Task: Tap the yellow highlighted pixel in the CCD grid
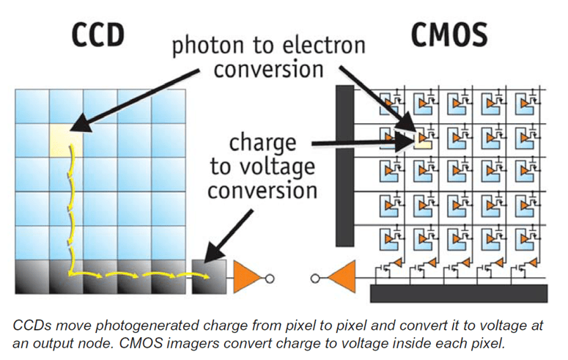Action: pyautogui.click(x=65, y=140)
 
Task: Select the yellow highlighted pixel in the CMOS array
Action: pyautogui.click(x=422, y=139)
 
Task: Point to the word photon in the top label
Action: pyautogui.click(x=207, y=47)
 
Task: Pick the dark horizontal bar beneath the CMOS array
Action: pyautogui.click(x=458, y=294)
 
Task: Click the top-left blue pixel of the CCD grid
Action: pyautogui.click(x=32, y=106)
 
